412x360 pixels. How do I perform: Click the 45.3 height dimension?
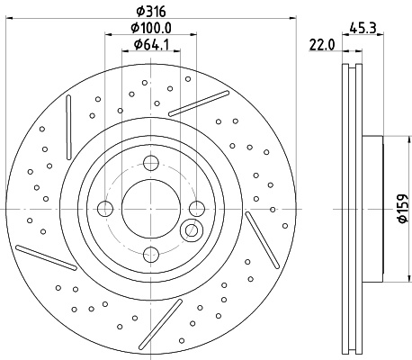coord(363,27)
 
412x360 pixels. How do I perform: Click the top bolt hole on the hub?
coord(151,163)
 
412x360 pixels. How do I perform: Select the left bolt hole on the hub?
coord(105,209)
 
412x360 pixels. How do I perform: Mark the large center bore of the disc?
coord(151,209)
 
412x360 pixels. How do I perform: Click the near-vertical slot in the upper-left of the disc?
coord(67,125)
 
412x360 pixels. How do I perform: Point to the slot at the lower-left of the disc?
coord(45,257)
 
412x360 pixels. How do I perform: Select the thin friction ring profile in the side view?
coord(350,209)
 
